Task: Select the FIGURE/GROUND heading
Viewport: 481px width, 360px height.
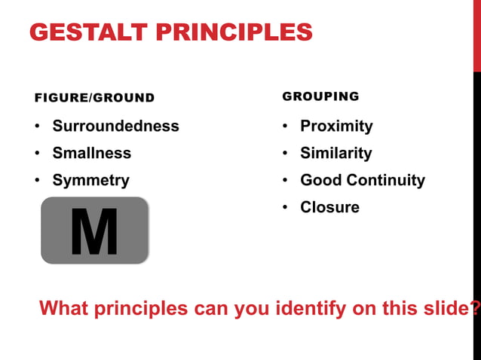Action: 94,98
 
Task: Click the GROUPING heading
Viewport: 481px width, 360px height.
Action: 320,97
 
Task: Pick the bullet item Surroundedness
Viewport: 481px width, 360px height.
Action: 115,126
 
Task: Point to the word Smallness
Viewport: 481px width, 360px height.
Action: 91,153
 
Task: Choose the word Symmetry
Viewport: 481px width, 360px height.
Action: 90,181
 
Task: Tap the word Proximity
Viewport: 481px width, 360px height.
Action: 336,126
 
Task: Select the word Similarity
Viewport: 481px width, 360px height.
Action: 335,153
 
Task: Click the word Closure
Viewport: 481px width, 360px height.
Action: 329,207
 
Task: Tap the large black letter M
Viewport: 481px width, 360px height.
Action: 94,231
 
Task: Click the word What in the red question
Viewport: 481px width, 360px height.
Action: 63,308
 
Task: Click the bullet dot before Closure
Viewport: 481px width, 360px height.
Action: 286,208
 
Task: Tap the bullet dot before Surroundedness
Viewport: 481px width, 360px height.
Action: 38,127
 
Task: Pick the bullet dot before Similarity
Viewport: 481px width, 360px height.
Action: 286,154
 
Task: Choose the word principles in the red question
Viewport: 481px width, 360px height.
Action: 141,308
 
